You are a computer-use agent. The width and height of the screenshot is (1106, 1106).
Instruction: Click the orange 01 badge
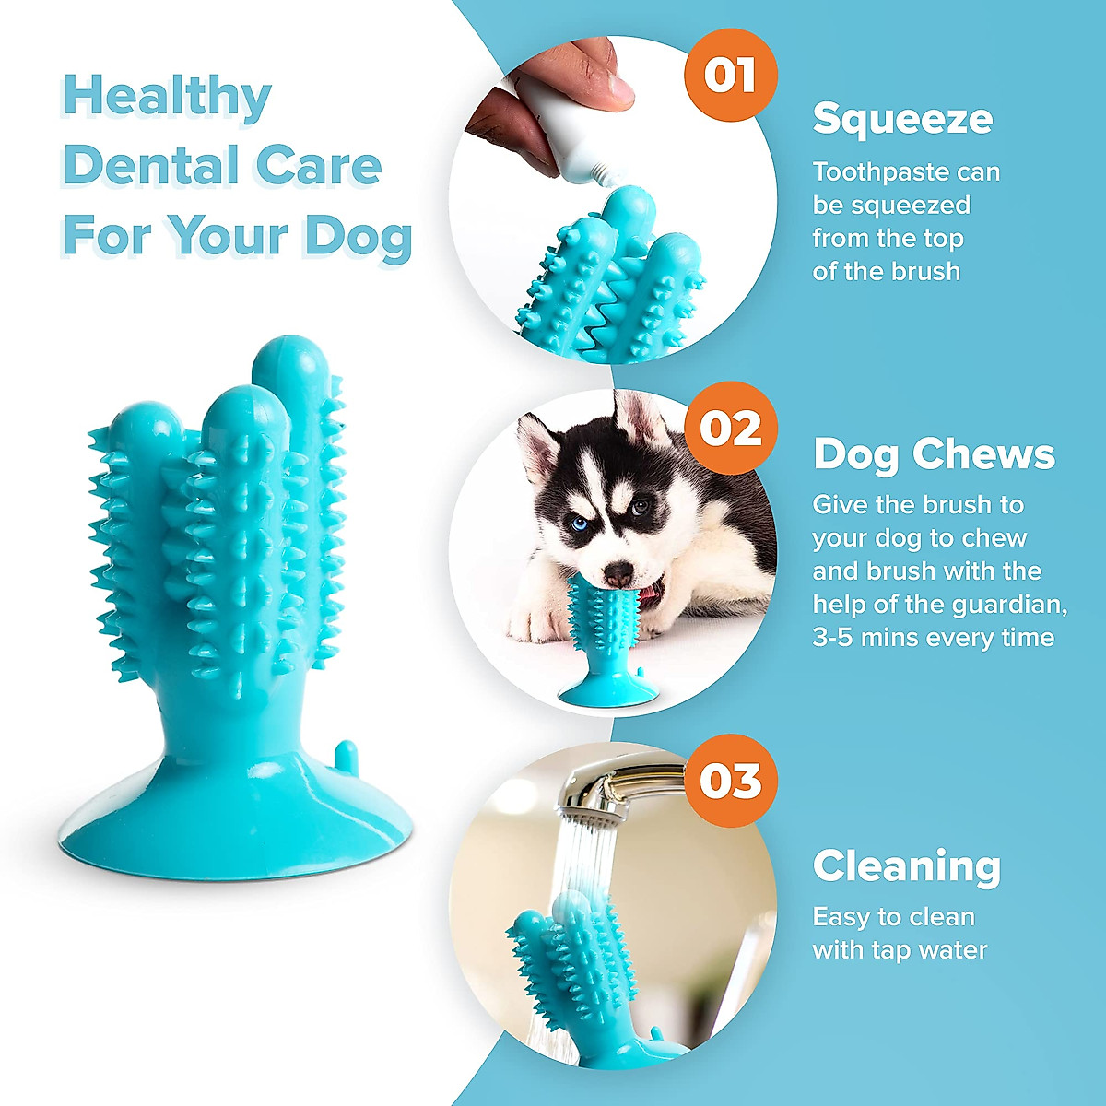[x=730, y=76]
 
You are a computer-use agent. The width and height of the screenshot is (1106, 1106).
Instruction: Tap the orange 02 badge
[x=731, y=429]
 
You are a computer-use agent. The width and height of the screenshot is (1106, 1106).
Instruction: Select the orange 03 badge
[x=731, y=781]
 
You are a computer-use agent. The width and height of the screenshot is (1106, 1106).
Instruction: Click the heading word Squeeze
[x=902, y=119]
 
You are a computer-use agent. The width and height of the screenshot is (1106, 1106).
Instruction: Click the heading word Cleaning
[x=907, y=866]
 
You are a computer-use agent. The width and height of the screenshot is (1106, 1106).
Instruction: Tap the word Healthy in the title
[x=167, y=98]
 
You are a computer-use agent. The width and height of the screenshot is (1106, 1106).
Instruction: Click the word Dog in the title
[x=358, y=236]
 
